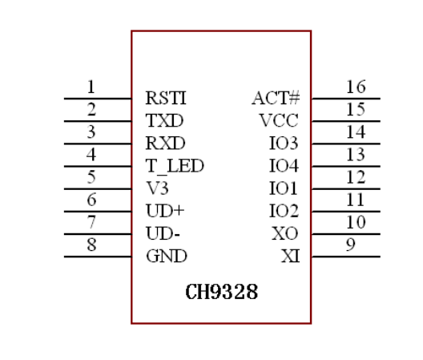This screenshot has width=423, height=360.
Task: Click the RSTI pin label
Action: pos(166,99)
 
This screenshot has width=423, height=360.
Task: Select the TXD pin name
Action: pos(164,121)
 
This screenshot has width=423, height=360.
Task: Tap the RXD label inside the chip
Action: pos(165,144)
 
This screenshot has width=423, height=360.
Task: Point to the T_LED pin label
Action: pos(175,166)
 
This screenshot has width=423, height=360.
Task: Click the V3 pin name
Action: pos(157,188)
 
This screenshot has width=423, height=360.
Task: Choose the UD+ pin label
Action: pos(165,211)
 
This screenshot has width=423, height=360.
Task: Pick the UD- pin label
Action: pos(162,233)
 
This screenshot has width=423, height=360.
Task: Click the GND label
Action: pos(166,257)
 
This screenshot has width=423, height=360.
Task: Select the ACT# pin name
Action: pos(276,99)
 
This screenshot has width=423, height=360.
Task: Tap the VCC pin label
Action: pos(279,121)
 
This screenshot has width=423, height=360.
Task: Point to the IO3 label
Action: pos(284,144)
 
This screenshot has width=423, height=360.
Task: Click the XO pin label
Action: pos(285,233)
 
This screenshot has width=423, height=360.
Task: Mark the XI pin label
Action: pos(289,257)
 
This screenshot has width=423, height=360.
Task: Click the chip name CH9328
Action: pos(222,291)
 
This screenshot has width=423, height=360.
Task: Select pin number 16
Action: pos(356,87)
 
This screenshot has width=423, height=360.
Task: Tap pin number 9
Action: pos(350,245)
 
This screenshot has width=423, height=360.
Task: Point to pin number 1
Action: pos(91,87)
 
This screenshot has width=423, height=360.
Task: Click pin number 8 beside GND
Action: pos(91,245)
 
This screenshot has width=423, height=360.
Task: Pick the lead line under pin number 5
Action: pos(98,189)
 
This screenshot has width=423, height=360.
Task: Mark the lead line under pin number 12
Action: pos(345,189)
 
